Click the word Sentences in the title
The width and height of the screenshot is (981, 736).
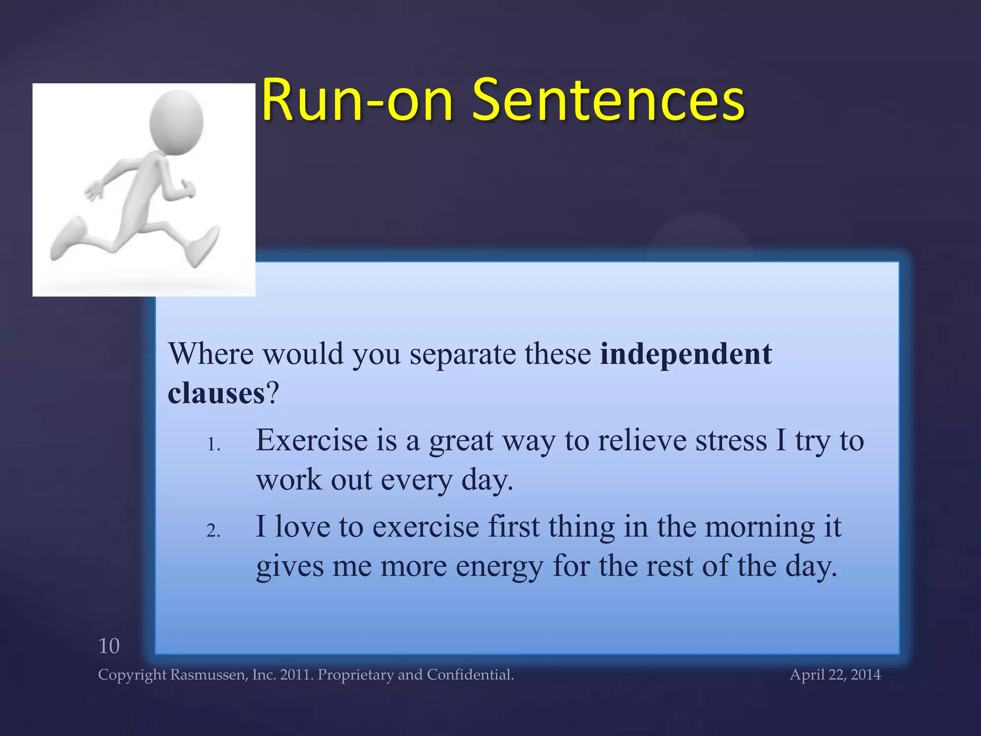click(608, 101)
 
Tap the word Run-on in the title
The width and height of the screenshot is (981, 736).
click(357, 101)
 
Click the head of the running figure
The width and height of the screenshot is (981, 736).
click(176, 122)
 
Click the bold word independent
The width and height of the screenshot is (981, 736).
click(685, 355)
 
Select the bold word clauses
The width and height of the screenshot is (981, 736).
click(216, 394)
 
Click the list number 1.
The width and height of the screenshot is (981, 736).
click(213, 445)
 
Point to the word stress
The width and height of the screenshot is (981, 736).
click(731, 441)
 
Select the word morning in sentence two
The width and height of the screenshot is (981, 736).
click(760, 527)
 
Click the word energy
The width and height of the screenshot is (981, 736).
click(499, 567)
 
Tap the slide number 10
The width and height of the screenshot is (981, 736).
click(109, 646)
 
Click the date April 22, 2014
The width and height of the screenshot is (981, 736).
click(835, 675)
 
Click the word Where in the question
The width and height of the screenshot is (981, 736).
click(211, 355)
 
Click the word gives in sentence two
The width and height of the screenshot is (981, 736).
click(290, 567)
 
